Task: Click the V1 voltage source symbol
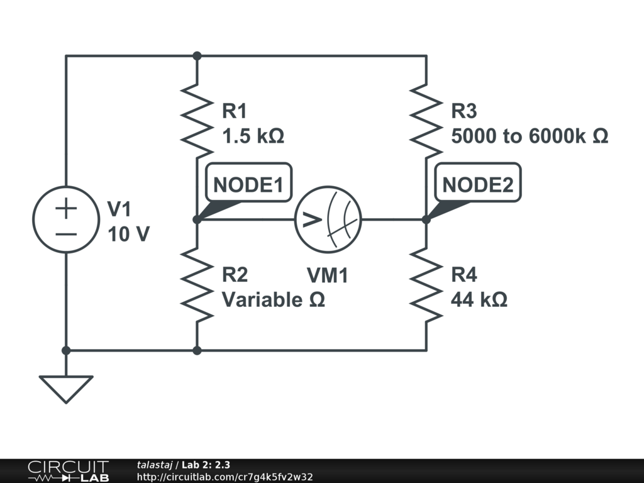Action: click(x=65, y=219)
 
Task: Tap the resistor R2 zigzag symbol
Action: click(x=197, y=286)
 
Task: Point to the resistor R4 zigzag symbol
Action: click(x=426, y=286)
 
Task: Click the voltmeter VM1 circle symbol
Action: click(x=328, y=219)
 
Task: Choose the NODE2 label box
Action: click(x=478, y=185)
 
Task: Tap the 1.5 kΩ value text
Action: click(x=253, y=136)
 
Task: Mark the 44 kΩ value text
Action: click(x=479, y=300)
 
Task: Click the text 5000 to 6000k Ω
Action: click(x=530, y=136)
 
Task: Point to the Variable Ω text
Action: click(x=274, y=300)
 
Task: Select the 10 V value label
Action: click(x=128, y=234)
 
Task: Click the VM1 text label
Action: click(x=327, y=275)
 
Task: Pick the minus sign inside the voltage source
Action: click(x=65, y=233)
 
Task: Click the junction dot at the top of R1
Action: click(x=197, y=56)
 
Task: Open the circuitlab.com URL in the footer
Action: click(x=225, y=477)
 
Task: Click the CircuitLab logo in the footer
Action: click(x=68, y=471)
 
